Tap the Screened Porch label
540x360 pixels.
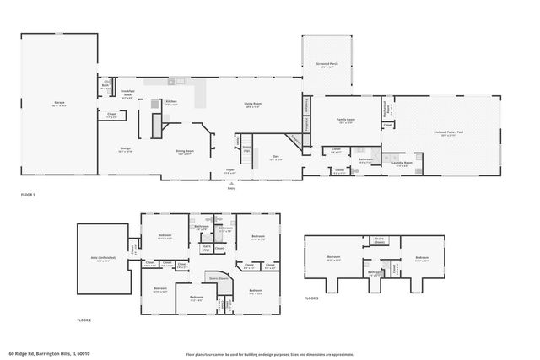[328, 64]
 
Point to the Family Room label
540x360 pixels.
[346, 121]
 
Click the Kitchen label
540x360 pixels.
[170, 101]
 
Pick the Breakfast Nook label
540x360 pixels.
[127, 91]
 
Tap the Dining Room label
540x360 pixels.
[184, 152]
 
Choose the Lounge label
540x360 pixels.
[125, 150]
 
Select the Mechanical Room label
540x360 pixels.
[386, 110]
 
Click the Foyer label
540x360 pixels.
[229, 171]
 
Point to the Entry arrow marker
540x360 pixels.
[230, 186]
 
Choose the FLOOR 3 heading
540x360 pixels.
[311, 297]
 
